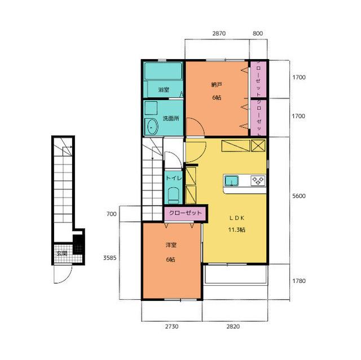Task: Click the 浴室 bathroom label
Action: click(x=164, y=90)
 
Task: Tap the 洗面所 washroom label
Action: click(x=171, y=118)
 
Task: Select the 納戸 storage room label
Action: click(x=217, y=85)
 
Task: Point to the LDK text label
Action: click(x=237, y=218)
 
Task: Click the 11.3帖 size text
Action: click(x=237, y=230)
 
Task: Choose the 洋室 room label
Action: click(x=171, y=245)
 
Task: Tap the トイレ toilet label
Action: click(x=174, y=178)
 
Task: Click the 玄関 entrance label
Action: click(x=62, y=254)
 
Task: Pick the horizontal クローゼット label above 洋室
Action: click(x=186, y=213)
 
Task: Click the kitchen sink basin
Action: click(x=231, y=180)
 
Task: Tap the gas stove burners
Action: click(x=258, y=180)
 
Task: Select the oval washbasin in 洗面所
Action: click(x=152, y=127)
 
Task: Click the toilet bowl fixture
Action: click(x=174, y=195)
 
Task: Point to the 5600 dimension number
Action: click(x=299, y=196)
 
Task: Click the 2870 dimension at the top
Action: click(x=219, y=34)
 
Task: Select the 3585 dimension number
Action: click(x=110, y=258)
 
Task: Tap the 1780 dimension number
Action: click(x=299, y=281)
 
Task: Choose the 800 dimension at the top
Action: click(x=258, y=34)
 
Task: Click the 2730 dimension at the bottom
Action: click(x=171, y=326)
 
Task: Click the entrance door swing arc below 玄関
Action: click(x=67, y=279)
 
